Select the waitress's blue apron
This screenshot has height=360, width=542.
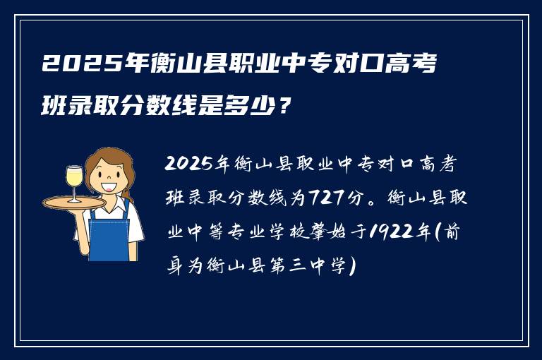pos(109,233)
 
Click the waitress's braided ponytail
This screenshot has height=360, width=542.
pos(128,189)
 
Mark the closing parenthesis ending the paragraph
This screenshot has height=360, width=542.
pos(352,265)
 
